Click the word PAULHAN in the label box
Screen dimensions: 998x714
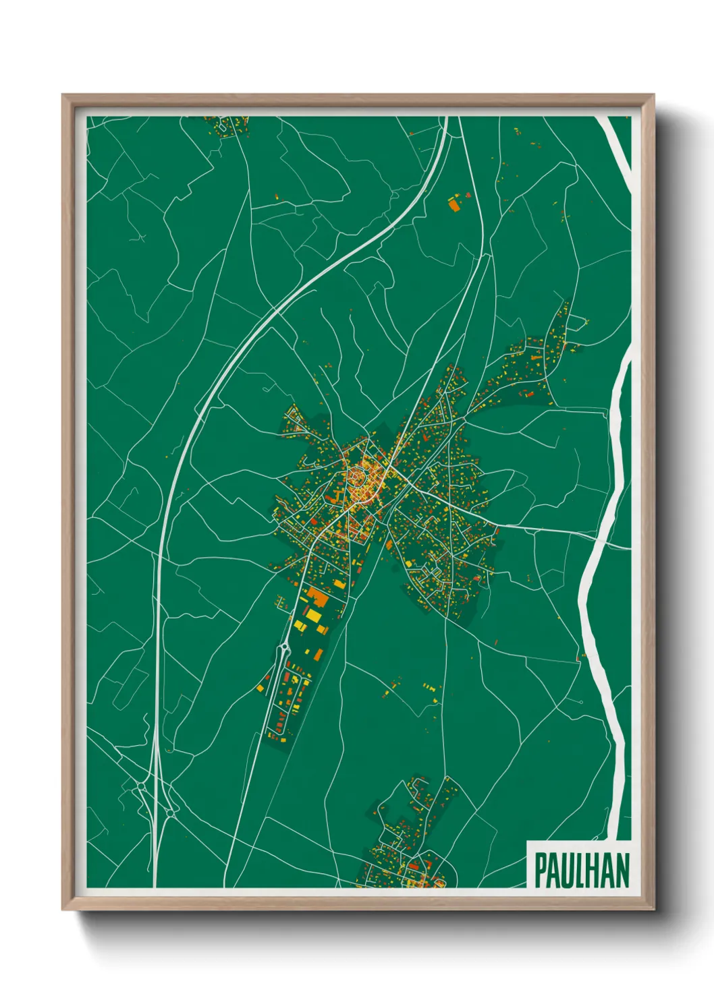[581, 870]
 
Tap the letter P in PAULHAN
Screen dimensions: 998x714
[541, 870]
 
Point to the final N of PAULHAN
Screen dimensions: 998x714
[622, 870]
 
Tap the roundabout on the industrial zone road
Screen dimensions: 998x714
[283, 651]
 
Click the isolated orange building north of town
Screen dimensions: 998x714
[453, 204]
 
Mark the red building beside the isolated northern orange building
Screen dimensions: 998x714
[466, 195]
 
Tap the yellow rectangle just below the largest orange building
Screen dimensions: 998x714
[312, 616]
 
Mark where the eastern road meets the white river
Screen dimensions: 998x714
[597, 537]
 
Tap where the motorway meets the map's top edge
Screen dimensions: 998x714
[446, 118]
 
